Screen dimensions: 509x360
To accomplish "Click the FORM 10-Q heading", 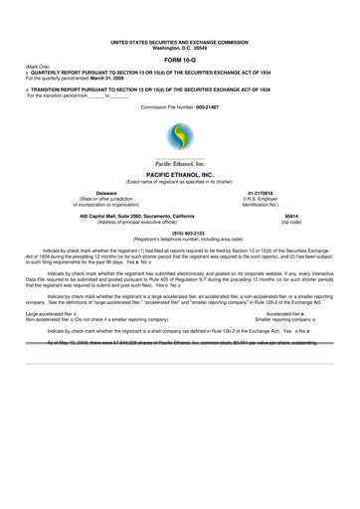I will pos(180,61).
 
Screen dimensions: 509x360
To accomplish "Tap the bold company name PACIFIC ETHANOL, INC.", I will pos(180,173).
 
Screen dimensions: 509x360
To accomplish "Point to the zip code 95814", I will pos(291,216).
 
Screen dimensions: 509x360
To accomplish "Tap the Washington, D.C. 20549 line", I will pos(180,48).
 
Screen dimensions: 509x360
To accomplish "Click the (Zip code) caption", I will pos(291,222).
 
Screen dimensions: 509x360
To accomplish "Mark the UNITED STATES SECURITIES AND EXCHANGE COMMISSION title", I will pos(180,42).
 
